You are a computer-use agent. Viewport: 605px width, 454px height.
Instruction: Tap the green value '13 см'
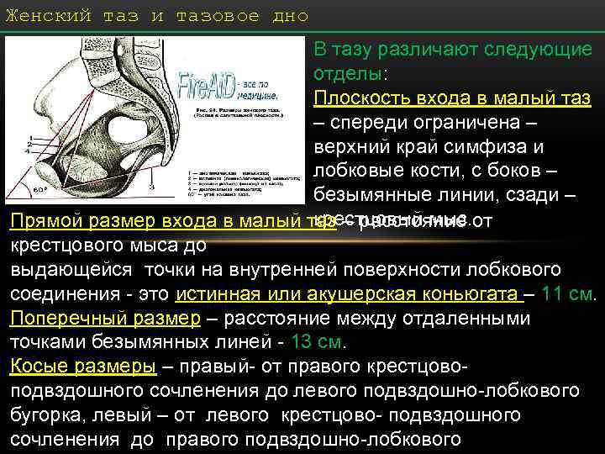click(x=318, y=343)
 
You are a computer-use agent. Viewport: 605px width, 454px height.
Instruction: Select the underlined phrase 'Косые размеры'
click(x=82, y=367)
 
